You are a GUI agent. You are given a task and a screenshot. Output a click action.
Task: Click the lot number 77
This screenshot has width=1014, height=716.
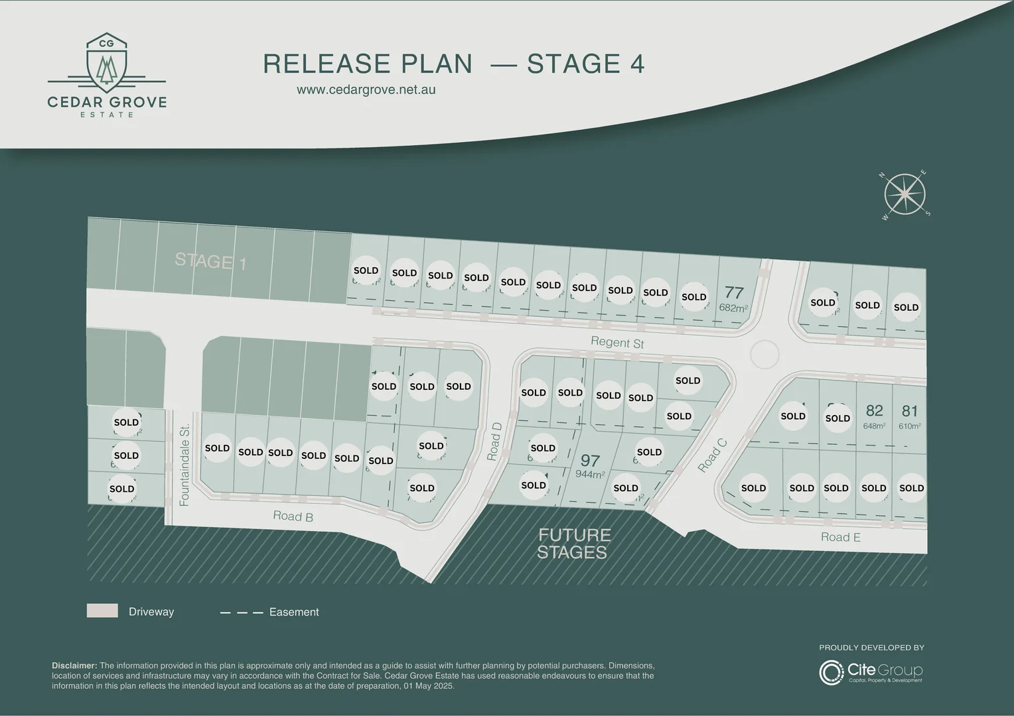coord(734,292)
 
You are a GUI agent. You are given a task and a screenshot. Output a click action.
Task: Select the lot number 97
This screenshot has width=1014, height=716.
coord(590,460)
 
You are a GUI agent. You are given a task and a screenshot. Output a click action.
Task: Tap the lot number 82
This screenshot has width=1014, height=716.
coord(874,411)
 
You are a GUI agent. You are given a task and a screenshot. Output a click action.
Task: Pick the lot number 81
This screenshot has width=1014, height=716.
coord(910,411)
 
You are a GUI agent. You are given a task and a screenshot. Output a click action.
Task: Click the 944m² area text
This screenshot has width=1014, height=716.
coord(590,475)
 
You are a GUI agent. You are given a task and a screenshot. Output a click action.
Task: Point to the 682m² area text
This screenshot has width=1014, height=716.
coord(733,308)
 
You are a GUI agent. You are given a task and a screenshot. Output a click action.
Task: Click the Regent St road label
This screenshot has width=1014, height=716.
coord(617,343)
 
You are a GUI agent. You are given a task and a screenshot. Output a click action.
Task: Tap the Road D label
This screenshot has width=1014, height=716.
coord(494,442)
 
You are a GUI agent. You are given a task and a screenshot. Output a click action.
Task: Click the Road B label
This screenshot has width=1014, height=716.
coord(293,516)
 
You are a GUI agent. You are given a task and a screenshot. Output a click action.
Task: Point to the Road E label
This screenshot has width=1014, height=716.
coord(840,537)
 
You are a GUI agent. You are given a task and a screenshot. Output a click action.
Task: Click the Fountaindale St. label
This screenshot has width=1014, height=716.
coord(185,465)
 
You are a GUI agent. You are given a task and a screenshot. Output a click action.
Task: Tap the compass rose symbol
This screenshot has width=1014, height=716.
coord(905,194)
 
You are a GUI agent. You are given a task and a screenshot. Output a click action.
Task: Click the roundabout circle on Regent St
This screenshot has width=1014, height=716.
coord(764,354)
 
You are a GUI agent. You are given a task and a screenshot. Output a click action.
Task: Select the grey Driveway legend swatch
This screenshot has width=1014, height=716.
coord(102,611)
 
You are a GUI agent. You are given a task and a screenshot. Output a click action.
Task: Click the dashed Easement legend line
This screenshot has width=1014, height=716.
coord(242,613)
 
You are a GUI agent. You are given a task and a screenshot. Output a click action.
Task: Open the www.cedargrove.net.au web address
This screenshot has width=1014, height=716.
coord(366,89)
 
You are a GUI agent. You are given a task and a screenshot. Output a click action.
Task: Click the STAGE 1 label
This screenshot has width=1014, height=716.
coord(210,261)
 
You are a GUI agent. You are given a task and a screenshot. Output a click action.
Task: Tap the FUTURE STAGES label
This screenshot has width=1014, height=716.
coord(574,544)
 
